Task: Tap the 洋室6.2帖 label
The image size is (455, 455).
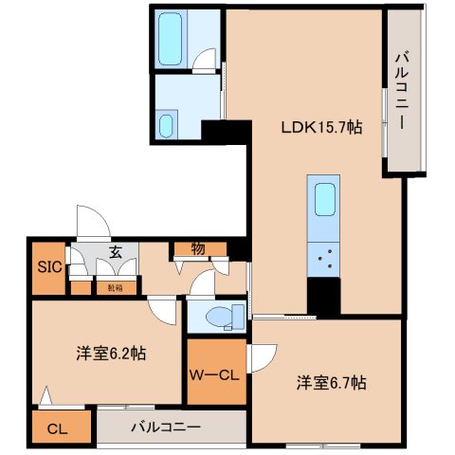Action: [x=111, y=353]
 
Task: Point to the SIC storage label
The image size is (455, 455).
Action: [x=48, y=267]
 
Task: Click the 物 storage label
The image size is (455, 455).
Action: [x=198, y=249]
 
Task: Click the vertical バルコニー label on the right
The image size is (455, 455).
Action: [x=401, y=92]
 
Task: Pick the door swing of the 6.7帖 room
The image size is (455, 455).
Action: [x=263, y=357]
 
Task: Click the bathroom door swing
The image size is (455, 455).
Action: [x=204, y=61]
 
